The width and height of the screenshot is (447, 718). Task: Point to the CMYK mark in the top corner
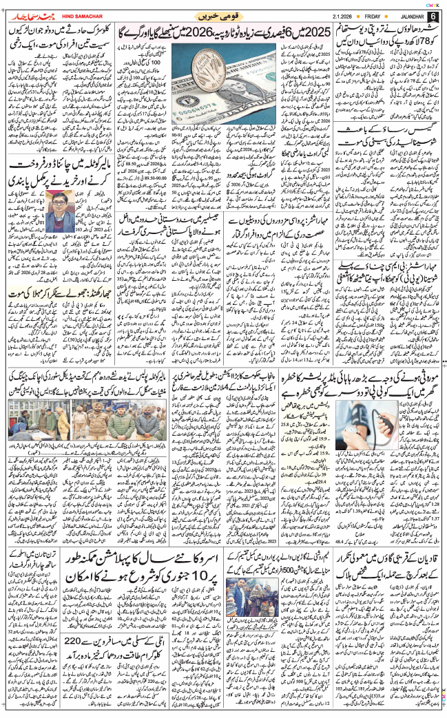point(434,4)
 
